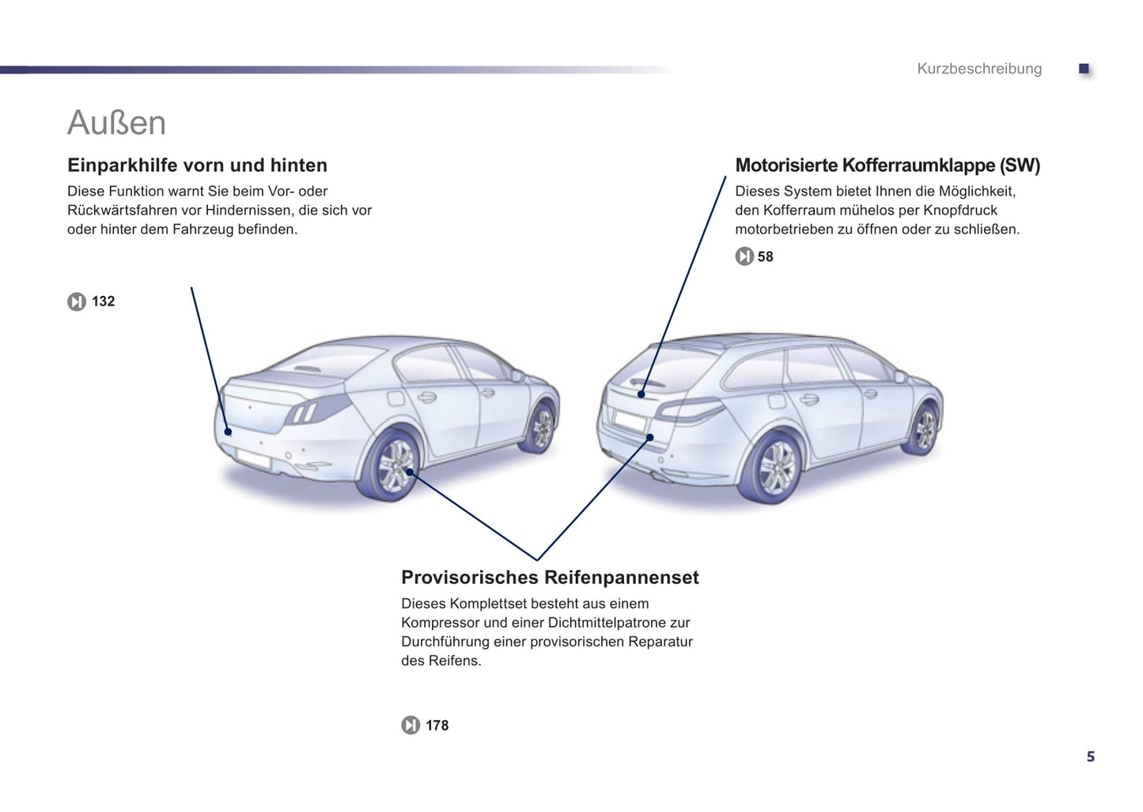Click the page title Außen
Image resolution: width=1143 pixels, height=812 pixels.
click(x=116, y=123)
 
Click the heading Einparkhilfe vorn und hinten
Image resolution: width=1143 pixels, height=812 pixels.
click(x=198, y=165)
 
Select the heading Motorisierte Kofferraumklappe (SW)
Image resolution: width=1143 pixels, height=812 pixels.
click(x=888, y=165)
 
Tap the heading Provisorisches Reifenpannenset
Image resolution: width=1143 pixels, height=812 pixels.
click(x=550, y=577)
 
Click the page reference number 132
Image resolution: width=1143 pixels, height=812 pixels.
click(x=103, y=302)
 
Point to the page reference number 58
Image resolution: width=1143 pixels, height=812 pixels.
click(x=765, y=256)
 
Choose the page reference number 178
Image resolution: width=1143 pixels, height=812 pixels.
click(x=437, y=725)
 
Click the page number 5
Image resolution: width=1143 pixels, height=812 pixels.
click(x=1091, y=757)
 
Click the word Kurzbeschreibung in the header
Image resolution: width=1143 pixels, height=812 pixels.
click(x=979, y=68)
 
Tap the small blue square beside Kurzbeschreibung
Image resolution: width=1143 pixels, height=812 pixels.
click(x=1084, y=68)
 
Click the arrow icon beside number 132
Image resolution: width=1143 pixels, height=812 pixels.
click(x=77, y=302)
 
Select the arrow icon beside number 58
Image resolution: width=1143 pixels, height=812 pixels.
click(x=744, y=256)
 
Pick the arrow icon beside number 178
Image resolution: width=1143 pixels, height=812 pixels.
click(x=411, y=725)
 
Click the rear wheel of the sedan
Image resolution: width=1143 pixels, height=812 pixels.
click(x=390, y=465)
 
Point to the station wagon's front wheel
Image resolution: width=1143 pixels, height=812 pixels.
click(x=922, y=429)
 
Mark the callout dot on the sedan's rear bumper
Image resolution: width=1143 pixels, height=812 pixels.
click(x=228, y=432)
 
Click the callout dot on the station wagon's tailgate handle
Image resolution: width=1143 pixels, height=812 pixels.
click(x=642, y=394)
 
